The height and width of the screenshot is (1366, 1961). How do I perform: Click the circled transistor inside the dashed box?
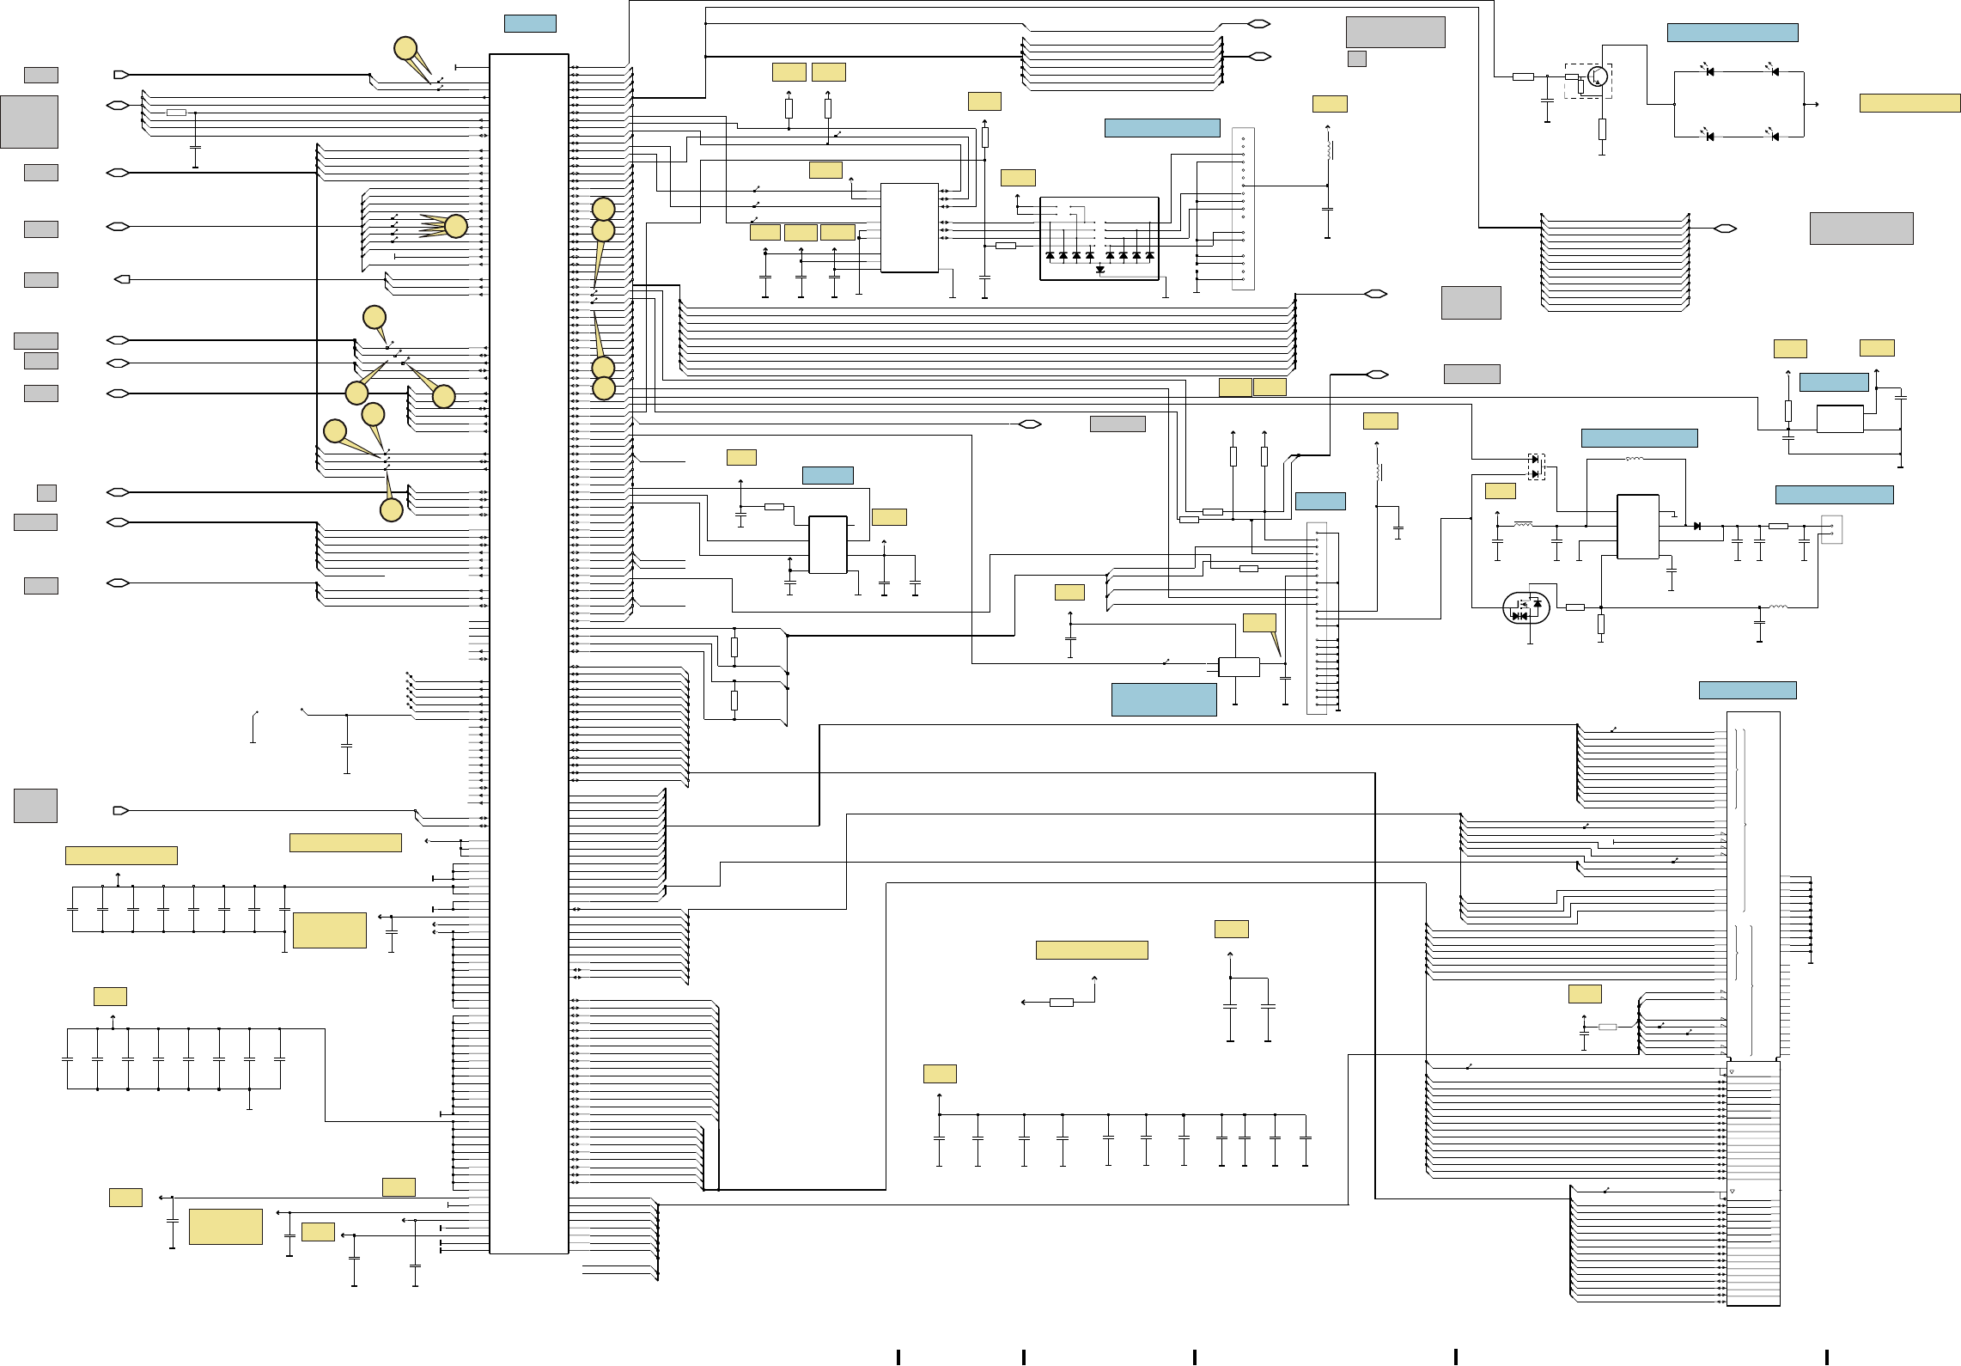(x=1598, y=76)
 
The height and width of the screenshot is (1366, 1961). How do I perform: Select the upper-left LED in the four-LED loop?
(x=1709, y=71)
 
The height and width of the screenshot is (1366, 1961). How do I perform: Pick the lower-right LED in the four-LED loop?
(x=1775, y=136)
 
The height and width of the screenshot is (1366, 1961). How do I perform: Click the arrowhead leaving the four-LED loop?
(x=1816, y=104)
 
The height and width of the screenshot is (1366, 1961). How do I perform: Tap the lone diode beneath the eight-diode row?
(x=1099, y=270)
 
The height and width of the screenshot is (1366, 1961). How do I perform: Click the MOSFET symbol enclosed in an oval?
(x=1526, y=607)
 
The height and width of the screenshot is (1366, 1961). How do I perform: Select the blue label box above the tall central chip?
(x=530, y=24)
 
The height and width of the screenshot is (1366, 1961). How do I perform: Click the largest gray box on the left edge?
(x=29, y=122)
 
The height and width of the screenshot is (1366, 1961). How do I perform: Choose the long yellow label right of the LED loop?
(x=1909, y=103)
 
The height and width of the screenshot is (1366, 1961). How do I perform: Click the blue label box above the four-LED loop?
(x=1732, y=33)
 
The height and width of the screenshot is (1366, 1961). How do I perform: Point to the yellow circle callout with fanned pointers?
(x=456, y=226)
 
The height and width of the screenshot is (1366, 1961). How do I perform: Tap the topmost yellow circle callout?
(x=405, y=49)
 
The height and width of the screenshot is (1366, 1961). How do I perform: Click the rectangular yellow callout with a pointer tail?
(x=1259, y=623)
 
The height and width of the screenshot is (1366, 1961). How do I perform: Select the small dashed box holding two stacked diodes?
(x=1536, y=467)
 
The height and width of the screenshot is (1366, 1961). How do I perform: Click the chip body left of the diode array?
(x=909, y=228)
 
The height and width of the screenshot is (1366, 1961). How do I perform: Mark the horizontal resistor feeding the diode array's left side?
(x=1005, y=246)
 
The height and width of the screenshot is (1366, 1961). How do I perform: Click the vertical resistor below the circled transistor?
(x=1602, y=130)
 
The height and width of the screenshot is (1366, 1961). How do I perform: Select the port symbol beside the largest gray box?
(x=118, y=106)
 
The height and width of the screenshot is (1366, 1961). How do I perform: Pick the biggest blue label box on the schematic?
(x=1164, y=699)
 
